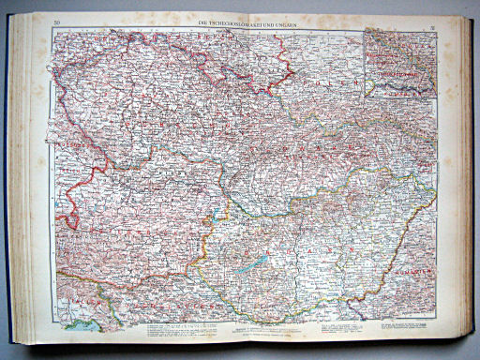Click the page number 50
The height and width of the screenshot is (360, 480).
57,21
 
